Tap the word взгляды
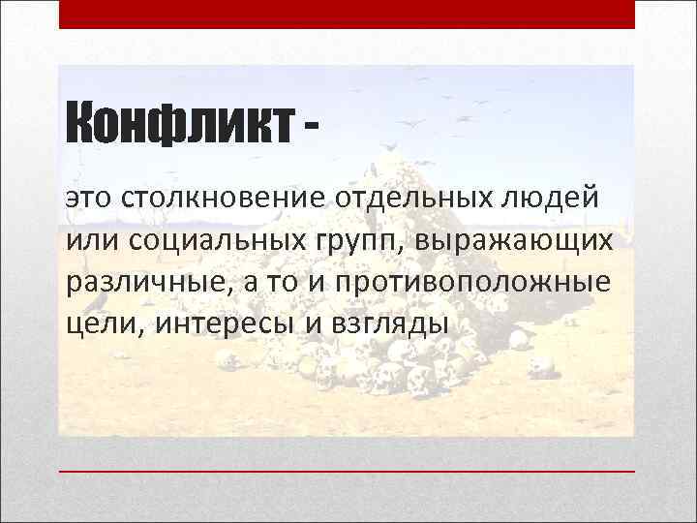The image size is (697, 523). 387,323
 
